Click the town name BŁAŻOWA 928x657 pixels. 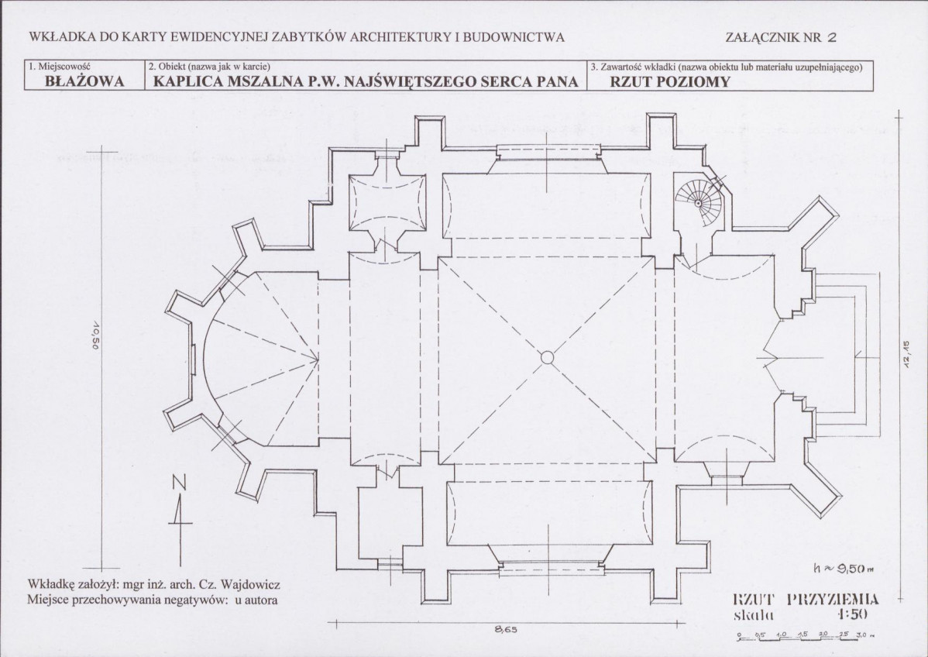click(84, 81)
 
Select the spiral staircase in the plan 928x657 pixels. click(699, 203)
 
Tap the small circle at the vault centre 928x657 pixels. click(548, 357)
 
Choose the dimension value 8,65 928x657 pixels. click(506, 630)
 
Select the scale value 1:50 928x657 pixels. click(852, 614)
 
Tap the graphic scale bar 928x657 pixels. click(806, 636)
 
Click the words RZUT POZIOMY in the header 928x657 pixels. click(670, 81)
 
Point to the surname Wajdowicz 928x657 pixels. click(250, 585)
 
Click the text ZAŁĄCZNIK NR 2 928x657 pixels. click(781, 37)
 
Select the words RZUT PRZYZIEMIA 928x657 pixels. click(806, 599)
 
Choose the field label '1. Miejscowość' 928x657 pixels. click(59, 67)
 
